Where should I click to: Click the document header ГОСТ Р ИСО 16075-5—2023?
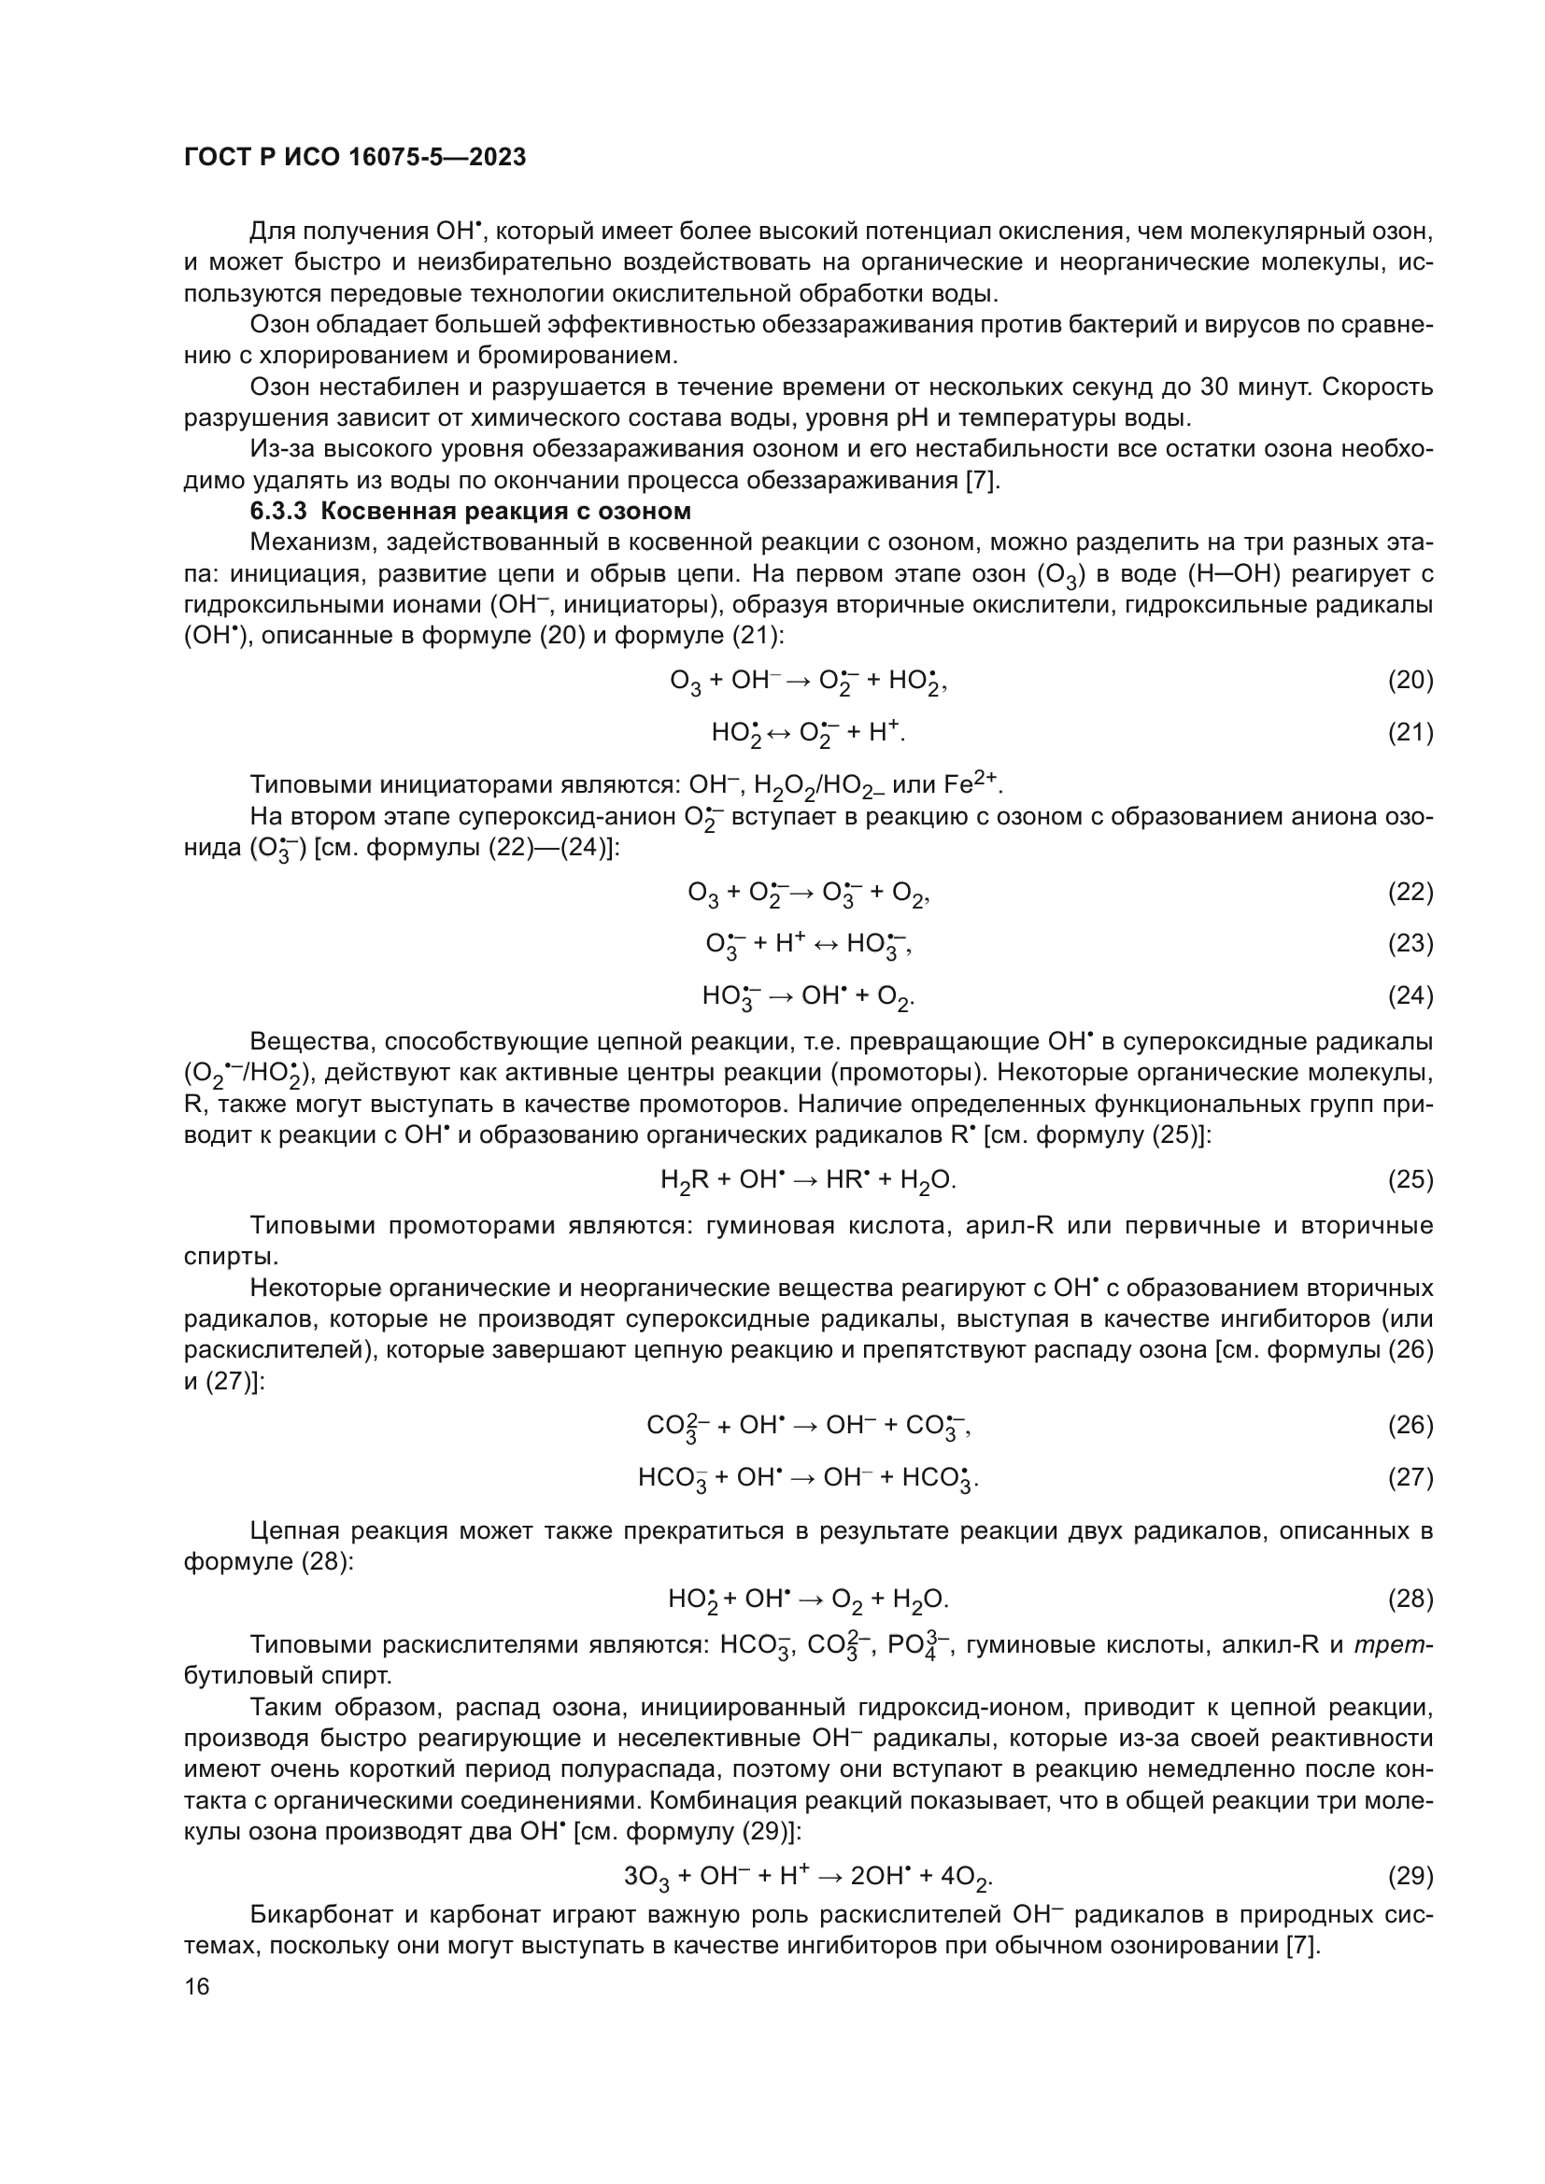(355, 158)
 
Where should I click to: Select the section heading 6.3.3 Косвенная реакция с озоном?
(470, 512)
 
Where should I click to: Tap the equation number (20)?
(1410, 680)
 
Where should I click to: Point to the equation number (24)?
(1410, 996)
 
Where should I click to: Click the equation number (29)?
(1410, 1876)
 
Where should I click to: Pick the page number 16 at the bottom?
(197, 1986)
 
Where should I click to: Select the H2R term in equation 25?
(684, 1180)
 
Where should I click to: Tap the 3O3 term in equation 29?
(646, 1878)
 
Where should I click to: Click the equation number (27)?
(1410, 1477)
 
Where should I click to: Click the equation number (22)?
(1410, 893)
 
